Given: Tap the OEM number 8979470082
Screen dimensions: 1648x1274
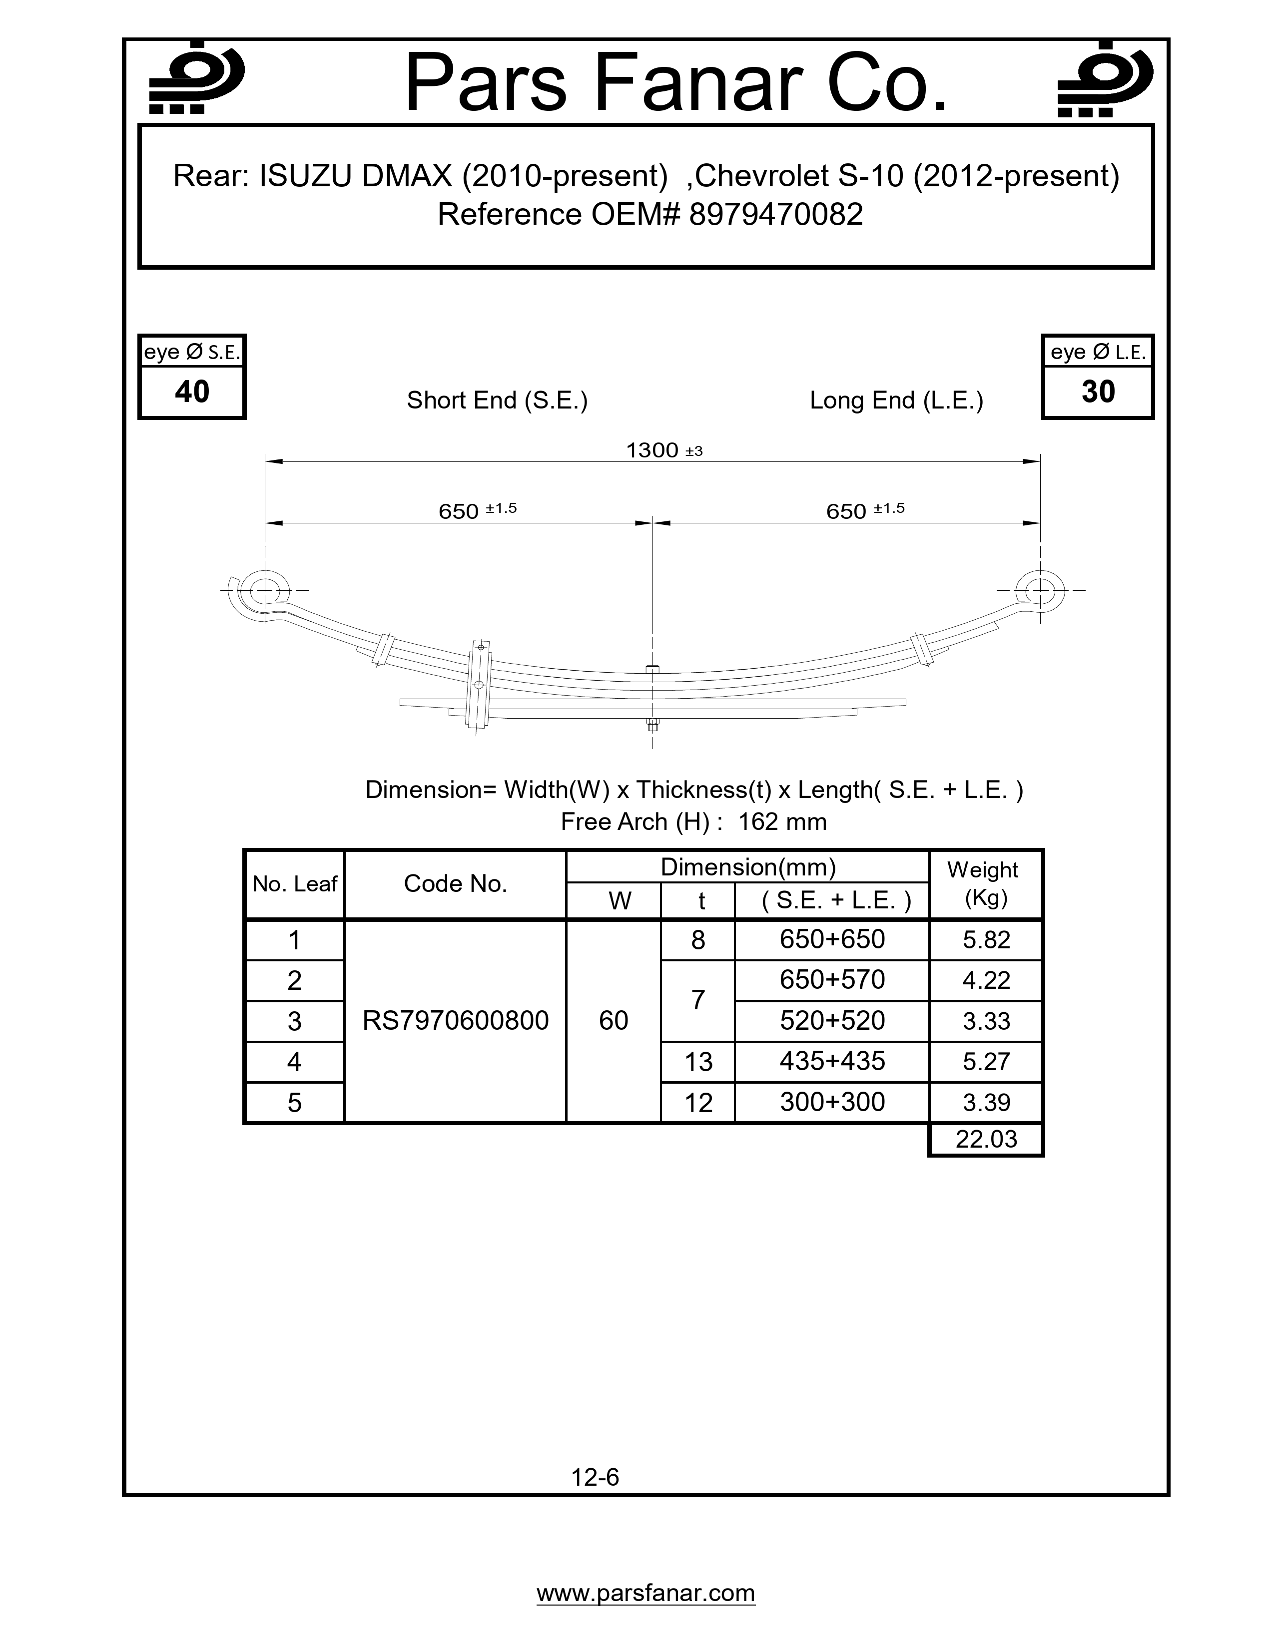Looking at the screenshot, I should point(776,215).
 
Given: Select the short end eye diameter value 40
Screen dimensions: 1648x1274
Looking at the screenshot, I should point(192,392).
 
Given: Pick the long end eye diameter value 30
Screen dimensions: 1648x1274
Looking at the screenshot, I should point(1098,392).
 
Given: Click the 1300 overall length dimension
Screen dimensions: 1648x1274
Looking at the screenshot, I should point(653,450).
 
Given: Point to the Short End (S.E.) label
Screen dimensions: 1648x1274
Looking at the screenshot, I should point(497,400).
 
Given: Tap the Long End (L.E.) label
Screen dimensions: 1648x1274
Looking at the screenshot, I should point(896,400).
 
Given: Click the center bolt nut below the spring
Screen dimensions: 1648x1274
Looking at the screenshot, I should point(653,726).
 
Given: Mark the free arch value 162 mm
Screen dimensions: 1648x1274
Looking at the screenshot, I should point(782,822).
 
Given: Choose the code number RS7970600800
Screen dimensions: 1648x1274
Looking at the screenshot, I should point(455,1021).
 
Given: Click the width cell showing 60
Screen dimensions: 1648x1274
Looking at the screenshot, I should point(613,1021).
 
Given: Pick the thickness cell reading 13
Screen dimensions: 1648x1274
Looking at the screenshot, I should point(698,1062).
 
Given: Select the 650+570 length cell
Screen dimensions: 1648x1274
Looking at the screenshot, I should point(832,980).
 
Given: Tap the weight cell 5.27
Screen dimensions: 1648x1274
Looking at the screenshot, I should point(986,1062).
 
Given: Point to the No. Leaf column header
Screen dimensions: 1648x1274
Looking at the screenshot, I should point(294,884).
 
